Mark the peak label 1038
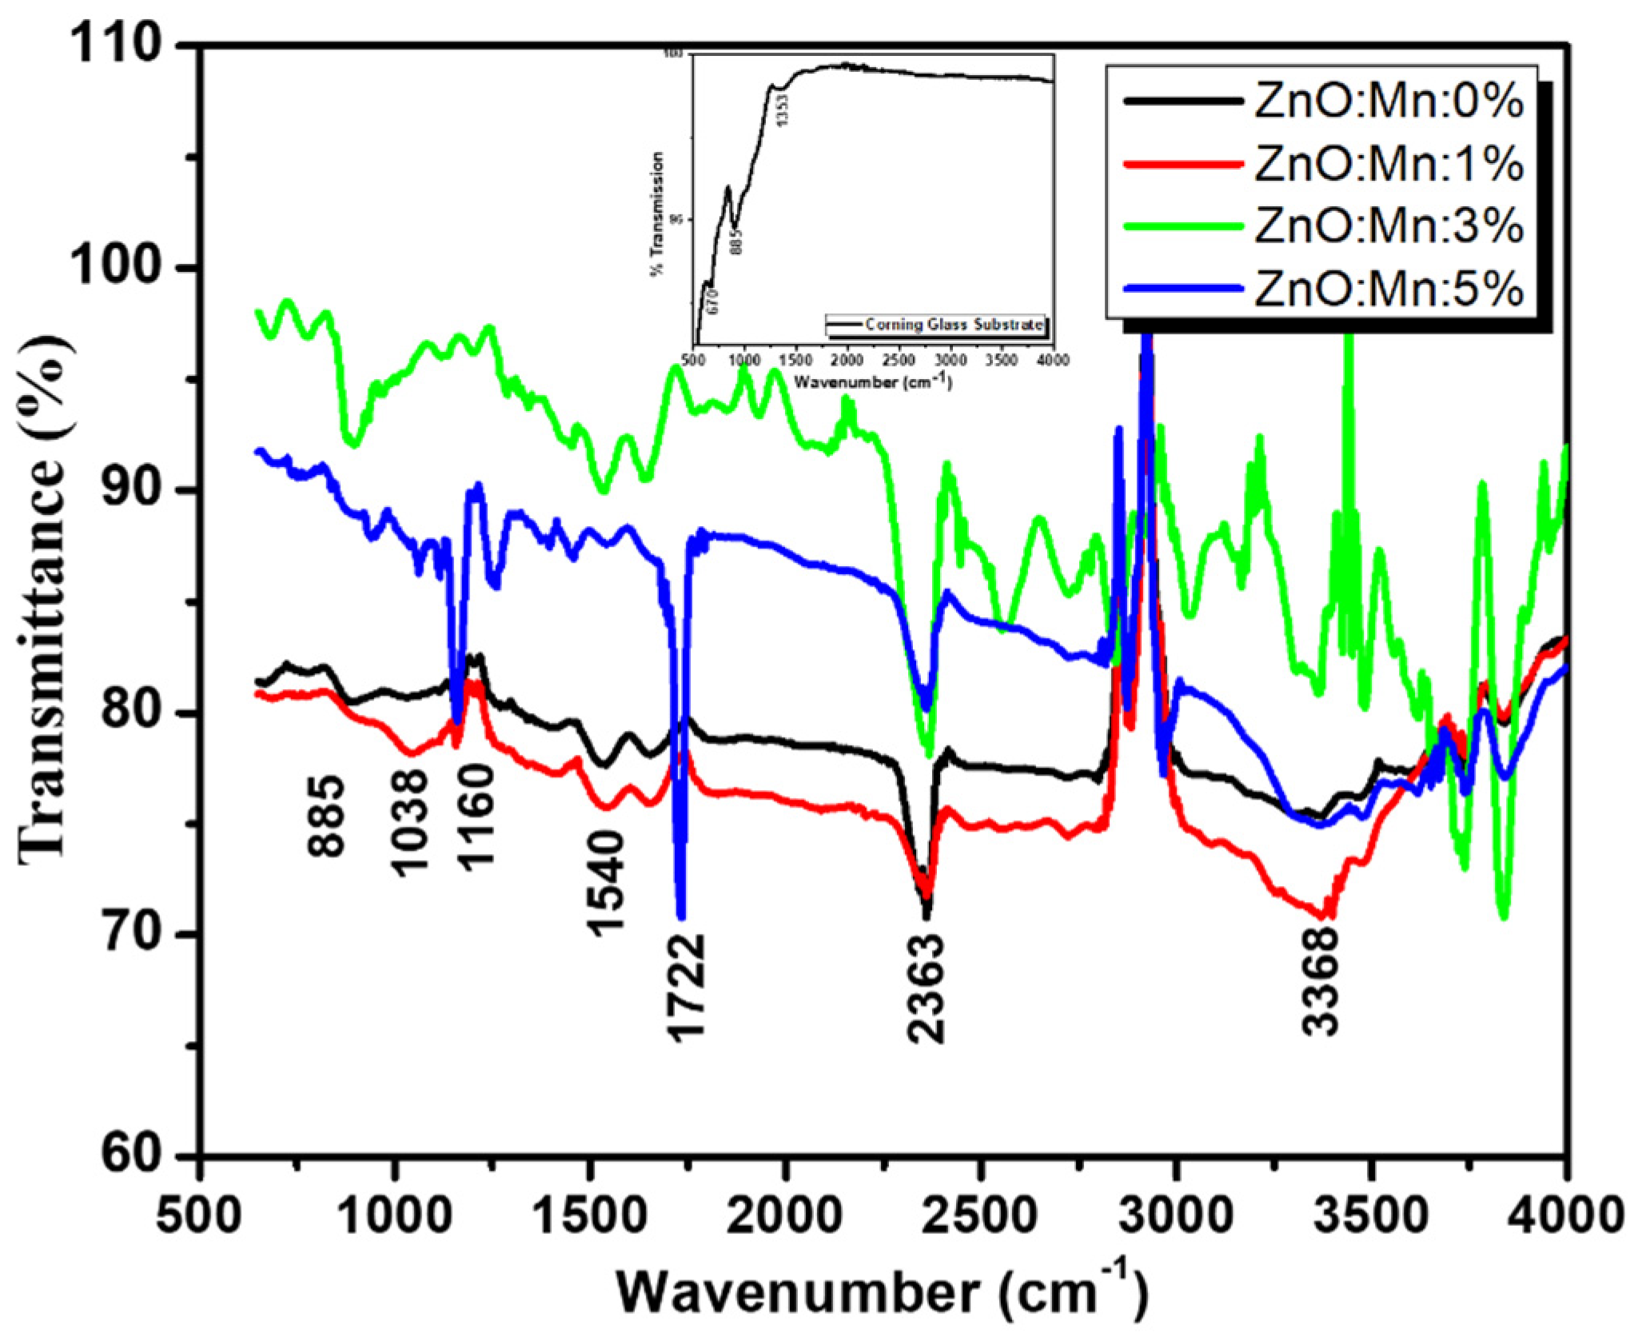click(412, 823)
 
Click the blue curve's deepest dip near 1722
click(680, 916)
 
